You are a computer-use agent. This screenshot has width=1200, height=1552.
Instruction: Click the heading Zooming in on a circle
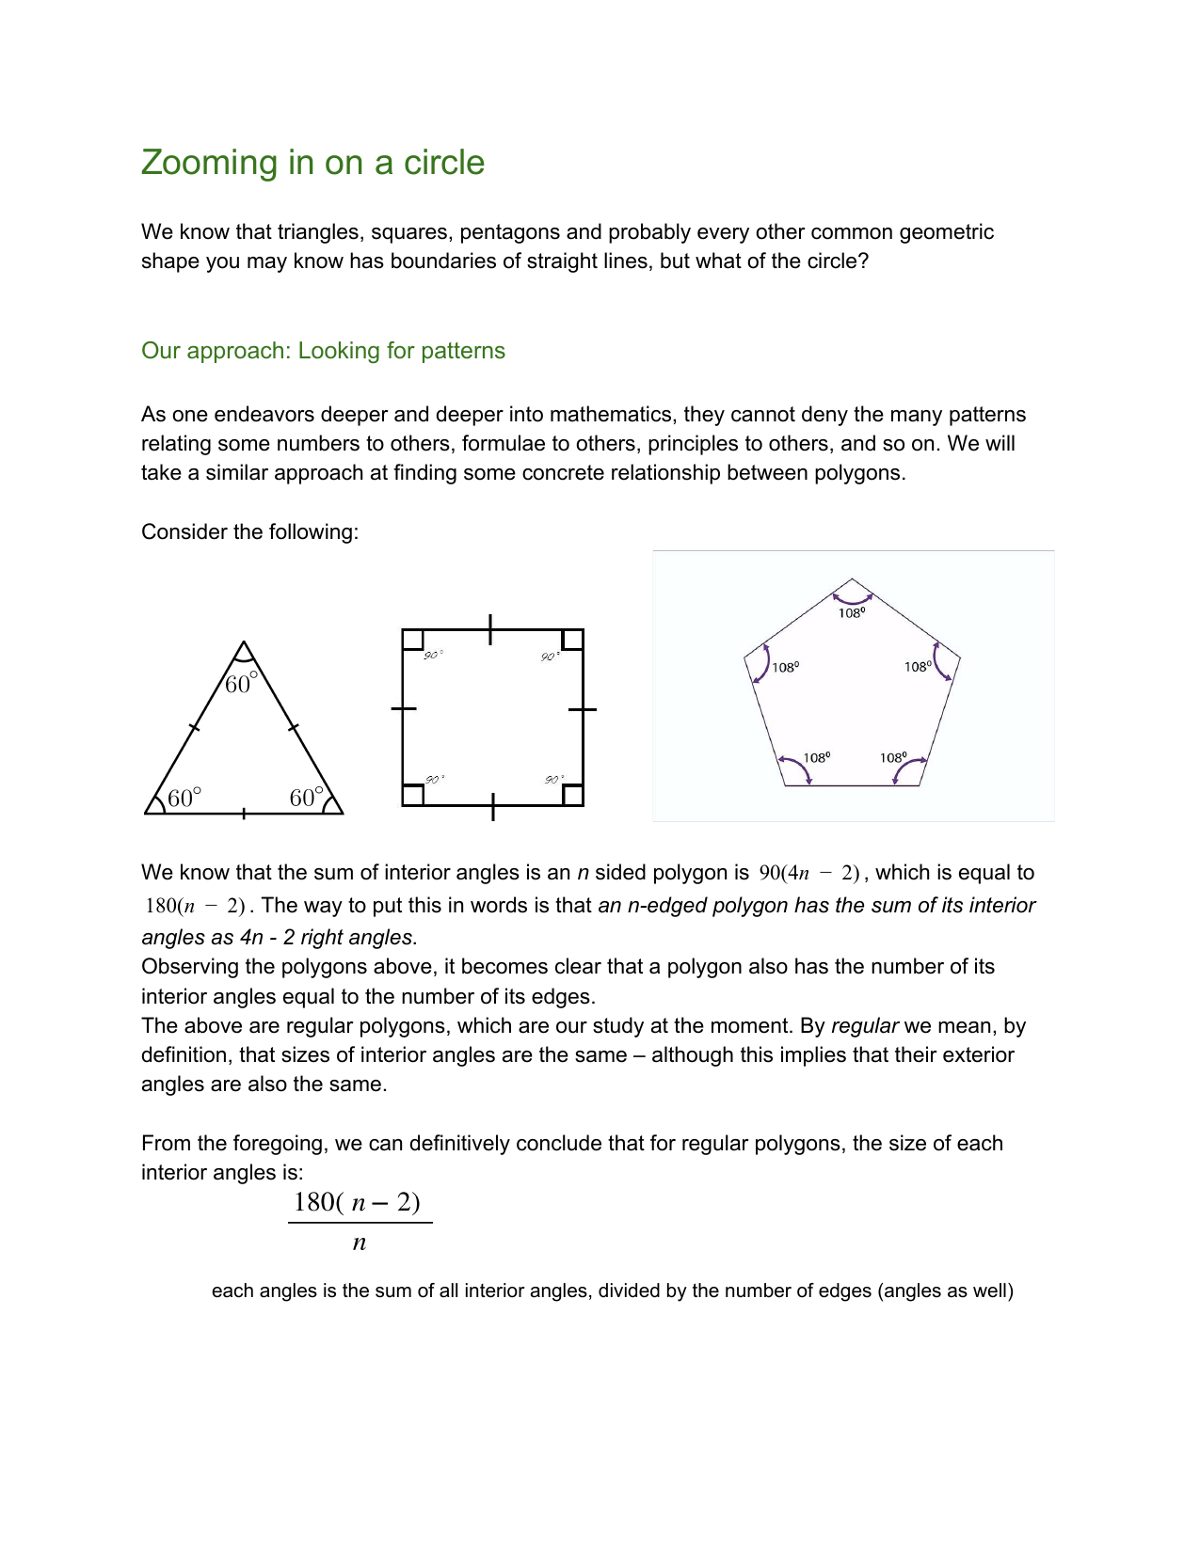(312, 163)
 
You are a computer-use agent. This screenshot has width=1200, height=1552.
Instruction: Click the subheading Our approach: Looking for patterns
(323, 351)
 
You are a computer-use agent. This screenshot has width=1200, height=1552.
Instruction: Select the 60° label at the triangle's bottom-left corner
(184, 799)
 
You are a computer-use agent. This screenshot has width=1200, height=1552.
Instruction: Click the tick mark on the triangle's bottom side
(244, 814)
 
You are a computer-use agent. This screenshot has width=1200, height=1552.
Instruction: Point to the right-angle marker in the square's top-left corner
(412, 640)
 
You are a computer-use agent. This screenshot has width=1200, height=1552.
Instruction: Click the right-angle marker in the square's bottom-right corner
(573, 795)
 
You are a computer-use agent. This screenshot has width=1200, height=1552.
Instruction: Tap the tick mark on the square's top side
(490, 629)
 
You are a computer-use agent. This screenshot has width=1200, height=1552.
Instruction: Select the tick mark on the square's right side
(584, 709)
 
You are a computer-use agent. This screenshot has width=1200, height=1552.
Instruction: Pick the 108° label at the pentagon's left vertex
(786, 667)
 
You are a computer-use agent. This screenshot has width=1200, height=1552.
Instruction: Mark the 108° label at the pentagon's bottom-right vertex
(893, 757)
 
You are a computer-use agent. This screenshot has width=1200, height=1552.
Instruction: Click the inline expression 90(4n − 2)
(809, 873)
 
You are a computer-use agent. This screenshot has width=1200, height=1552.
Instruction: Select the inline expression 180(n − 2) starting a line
(195, 906)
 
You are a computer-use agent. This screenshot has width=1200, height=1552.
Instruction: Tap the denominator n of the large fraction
(359, 1243)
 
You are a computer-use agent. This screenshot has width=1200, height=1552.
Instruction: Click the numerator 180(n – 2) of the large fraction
(358, 1202)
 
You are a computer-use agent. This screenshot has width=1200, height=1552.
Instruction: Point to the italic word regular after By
(864, 1026)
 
